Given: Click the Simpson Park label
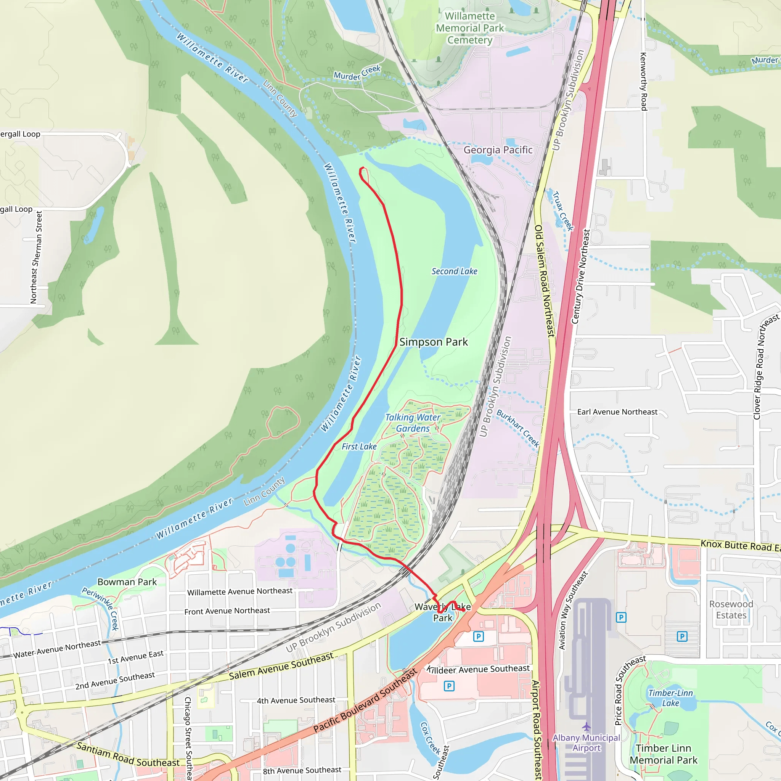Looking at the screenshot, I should tap(433, 342).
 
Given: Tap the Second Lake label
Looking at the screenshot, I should tap(454, 271).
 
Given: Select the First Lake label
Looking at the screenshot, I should tap(359, 446).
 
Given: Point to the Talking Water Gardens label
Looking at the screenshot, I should tap(413, 423).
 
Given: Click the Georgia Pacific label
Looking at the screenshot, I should tap(498, 150).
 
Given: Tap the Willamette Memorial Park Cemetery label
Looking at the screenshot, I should tap(470, 28).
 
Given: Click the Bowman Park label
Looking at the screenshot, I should tap(127, 582).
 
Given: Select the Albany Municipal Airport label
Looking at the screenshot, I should tap(586, 742).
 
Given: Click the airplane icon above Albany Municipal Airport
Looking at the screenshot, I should tap(586, 727).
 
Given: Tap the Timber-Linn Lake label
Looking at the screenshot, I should tap(670, 698).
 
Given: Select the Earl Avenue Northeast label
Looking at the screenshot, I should tap(617, 412).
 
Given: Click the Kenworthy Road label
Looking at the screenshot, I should tap(644, 81).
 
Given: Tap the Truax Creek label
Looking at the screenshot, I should tap(563, 211).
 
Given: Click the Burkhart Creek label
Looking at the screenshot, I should tap(518, 428).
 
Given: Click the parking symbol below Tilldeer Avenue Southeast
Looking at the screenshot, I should tap(449, 686).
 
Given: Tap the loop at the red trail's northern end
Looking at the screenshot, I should tap(364, 174).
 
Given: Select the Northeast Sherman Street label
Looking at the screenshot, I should tap(36, 257).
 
